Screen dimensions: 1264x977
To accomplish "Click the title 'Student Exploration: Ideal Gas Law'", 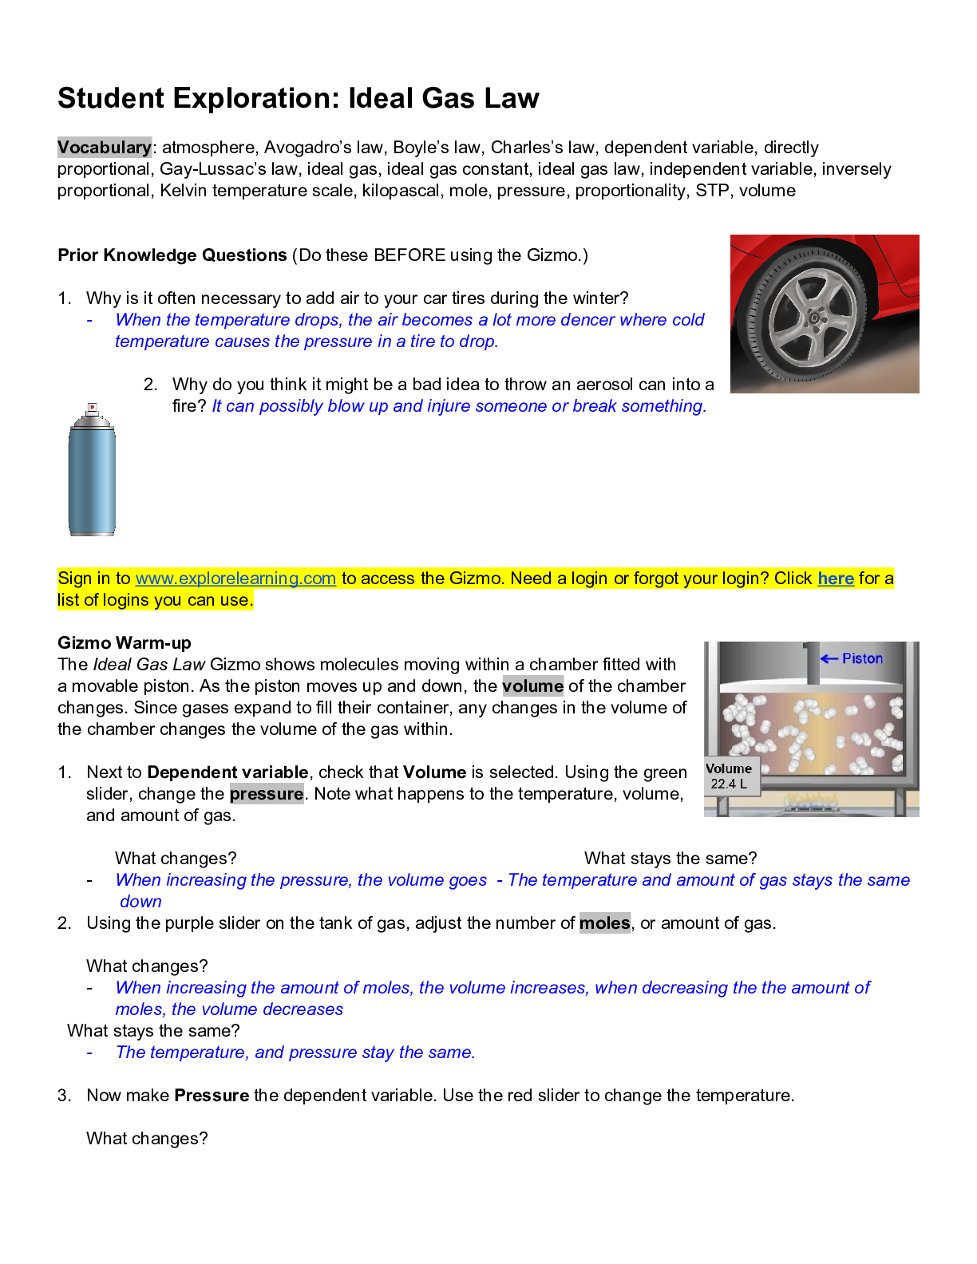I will (x=298, y=98).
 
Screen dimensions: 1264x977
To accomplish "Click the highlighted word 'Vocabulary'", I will (x=104, y=148).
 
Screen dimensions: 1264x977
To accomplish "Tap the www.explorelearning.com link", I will (x=235, y=579).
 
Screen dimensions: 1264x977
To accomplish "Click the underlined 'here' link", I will (x=836, y=579).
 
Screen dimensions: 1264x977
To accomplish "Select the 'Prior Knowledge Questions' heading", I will (x=172, y=255).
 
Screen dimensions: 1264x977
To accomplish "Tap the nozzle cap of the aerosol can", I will (x=92, y=409).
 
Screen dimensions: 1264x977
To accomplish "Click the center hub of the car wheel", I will (x=814, y=318).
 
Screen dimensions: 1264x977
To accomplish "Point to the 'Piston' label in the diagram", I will (x=862, y=658).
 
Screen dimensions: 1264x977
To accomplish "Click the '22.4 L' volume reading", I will (x=729, y=784).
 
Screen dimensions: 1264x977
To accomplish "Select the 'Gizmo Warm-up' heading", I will (x=125, y=643).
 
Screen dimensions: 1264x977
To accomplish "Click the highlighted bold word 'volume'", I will (x=532, y=686).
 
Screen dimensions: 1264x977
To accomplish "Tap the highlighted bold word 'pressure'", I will (x=267, y=794).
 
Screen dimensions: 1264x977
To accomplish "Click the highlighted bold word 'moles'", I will (x=604, y=923).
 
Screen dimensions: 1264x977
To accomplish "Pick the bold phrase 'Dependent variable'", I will (x=227, y=772).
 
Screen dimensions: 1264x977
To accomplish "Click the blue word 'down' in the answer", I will (x=140, y=902).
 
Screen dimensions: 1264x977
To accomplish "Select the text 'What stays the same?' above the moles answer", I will (x=153, y=1031).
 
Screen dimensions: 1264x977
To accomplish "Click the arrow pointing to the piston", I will (x=829, y=658).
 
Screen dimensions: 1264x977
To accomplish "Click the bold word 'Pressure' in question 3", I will (x=212, y=1096).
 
